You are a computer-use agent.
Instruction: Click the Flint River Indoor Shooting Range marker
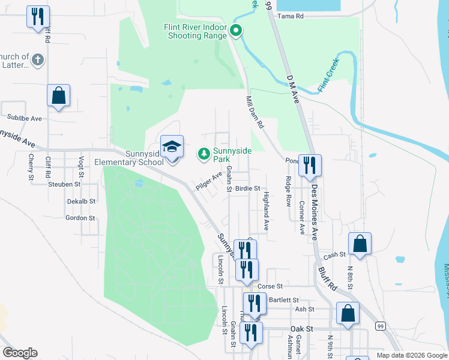(x=237, y=30)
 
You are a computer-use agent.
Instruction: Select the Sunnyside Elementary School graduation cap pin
(x=171, y=148)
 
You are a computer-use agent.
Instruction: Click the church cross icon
(x=37, y=59)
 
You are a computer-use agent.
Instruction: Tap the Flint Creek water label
(x=328, y=71)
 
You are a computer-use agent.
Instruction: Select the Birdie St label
(x=247, y=188)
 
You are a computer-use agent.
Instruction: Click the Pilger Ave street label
(x=208, y=180)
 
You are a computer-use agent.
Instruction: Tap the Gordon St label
(x=80, y=218)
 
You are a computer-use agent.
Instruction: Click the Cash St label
(x=335, y=256)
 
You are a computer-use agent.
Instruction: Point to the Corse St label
(x=270, y=286)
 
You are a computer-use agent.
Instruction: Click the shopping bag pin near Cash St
(x=360, y=244)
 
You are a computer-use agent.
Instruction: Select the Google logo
(x=20, y=353)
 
